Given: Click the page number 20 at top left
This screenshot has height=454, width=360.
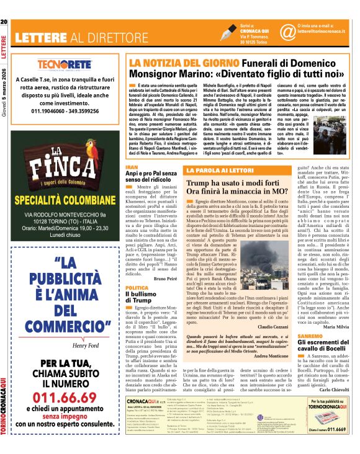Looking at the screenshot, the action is [x=4, y=6].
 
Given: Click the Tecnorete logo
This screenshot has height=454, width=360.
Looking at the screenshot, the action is [x=63, y=65].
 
